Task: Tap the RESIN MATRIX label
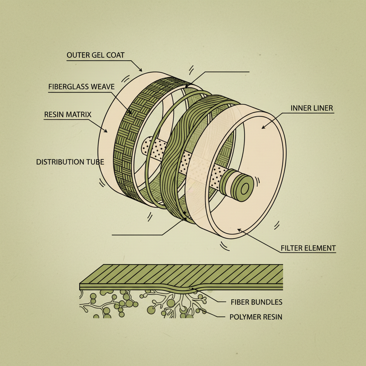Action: [68, 115]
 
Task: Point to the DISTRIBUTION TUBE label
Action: [70, 162]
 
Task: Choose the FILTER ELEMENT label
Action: [308, 248]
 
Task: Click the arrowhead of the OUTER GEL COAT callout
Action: [141, 71]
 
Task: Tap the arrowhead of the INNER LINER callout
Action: [263, 128]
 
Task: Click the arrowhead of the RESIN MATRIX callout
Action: [107, 132]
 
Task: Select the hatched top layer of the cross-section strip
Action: [179, 273]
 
